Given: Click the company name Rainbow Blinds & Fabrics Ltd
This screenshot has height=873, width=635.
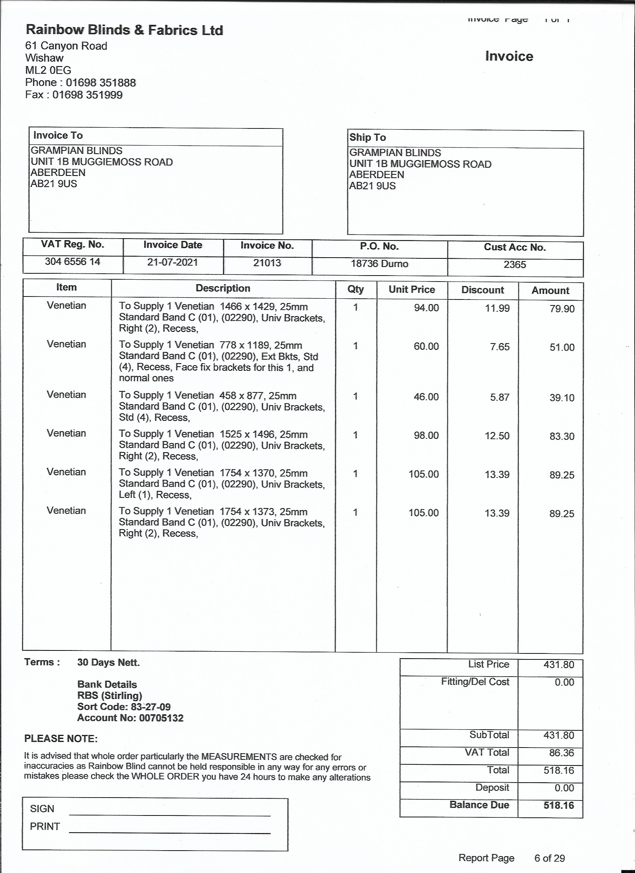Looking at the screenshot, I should click(124, 30).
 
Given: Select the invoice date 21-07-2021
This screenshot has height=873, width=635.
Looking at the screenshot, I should click(172, 262).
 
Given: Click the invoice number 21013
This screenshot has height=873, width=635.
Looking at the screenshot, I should click(267, 263).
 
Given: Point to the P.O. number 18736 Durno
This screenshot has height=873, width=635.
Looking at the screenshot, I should click(379, 264).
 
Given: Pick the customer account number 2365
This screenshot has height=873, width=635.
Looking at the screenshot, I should click(515, 265).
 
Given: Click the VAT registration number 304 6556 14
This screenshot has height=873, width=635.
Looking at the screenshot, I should click(72, 262).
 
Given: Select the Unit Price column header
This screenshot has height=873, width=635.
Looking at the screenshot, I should click(412, 289).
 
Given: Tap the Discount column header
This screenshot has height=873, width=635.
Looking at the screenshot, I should click(483, 290).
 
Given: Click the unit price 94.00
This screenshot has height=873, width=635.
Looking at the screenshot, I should click(426, 308).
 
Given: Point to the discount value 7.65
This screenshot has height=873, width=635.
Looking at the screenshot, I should click(499, 347).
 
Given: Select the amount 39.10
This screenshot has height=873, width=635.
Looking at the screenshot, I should click(562, 398).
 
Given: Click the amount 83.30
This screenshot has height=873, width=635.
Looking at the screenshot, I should click(562, 436).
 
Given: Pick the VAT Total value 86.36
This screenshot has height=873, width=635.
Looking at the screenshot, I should click(561, 753).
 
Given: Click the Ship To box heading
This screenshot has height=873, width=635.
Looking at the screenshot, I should click(368, 137).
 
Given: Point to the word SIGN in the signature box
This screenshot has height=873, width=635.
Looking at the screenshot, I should click(42, 809).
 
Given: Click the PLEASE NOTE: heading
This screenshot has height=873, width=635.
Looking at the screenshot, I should click(61, 739).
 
